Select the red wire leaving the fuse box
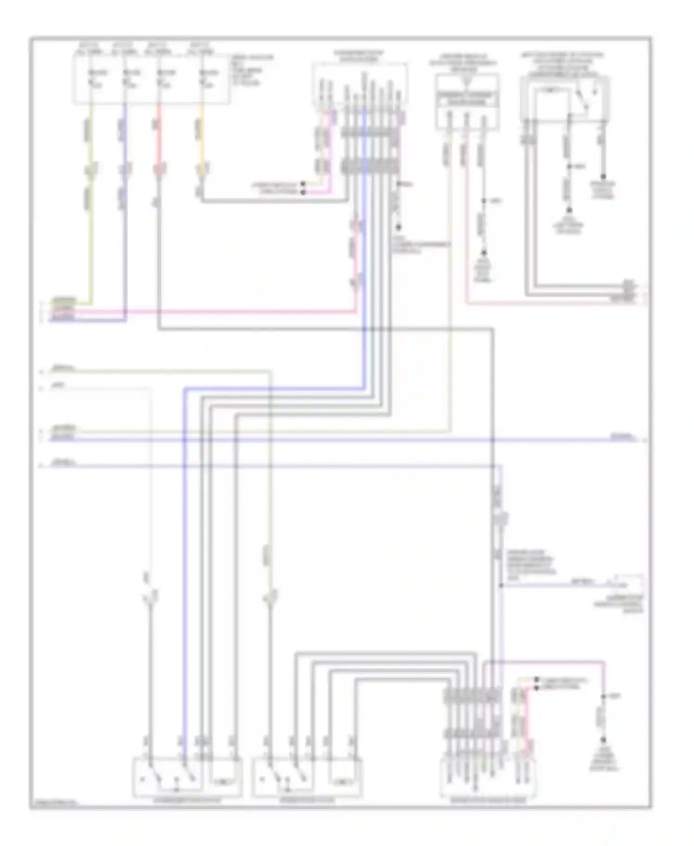point(159,139)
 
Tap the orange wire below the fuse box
point(201,139)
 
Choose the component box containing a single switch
point(564,100)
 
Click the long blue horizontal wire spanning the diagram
point(324,438)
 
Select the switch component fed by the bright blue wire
point(187,780)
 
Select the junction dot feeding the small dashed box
point(501,585)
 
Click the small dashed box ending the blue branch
point(629,583)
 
